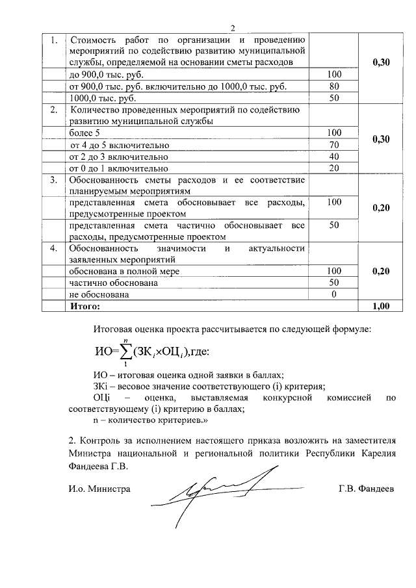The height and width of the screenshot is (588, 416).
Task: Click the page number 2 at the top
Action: [x=231, y=27]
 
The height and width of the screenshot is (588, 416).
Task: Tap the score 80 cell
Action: [x=335, y=86]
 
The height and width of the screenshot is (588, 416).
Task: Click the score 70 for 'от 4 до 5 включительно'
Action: [x=335, y=144]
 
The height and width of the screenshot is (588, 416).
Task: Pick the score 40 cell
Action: [x=335, y=157]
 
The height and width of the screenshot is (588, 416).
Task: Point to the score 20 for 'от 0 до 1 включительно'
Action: [x=335, y=168]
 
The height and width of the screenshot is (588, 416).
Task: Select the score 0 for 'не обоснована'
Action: [x=335, y=294]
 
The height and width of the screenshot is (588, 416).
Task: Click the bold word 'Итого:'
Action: [x=85, y=305]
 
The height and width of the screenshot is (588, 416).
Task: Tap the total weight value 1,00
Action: [x=381, y=305]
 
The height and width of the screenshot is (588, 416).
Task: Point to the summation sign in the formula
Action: [x=124, y=352]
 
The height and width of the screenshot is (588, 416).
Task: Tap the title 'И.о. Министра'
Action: [x=99, y=489]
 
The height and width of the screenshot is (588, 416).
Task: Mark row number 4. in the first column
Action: [x=55, y=248]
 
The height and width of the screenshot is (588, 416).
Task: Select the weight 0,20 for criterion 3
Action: [x=381, y=208]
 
